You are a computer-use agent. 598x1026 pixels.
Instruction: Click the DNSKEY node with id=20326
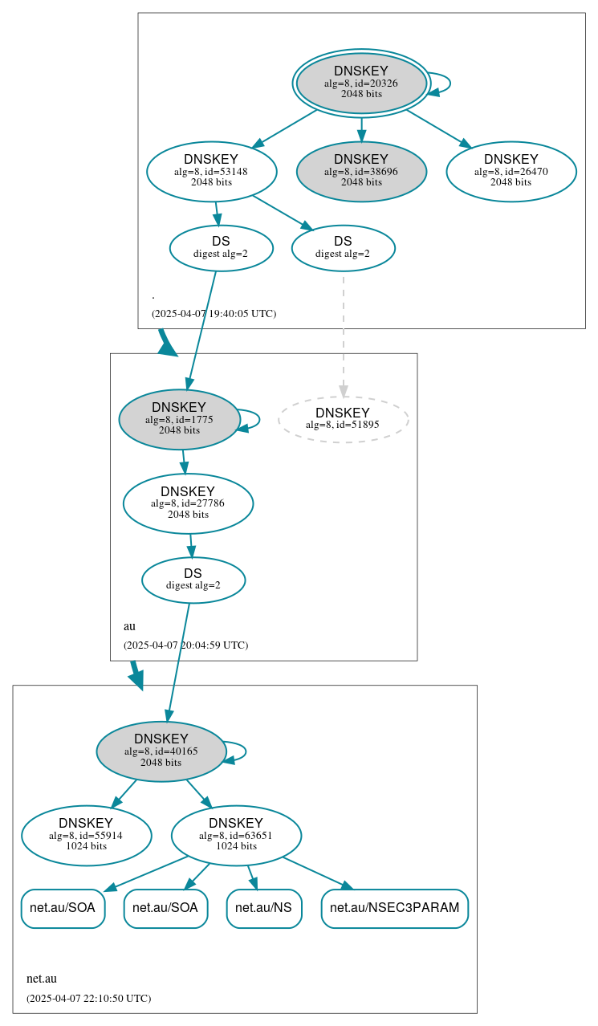[361, 83]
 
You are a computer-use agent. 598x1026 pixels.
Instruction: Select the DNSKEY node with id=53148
[212, 171]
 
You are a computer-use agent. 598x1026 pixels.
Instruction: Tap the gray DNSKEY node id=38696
[361, 171]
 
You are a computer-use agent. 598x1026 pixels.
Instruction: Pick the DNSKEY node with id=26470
[511, 171]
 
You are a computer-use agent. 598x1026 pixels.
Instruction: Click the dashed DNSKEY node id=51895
[343, 419]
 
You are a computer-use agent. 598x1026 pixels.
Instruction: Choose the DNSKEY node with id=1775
[179, 419]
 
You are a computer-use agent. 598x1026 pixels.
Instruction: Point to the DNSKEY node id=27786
[188, 503]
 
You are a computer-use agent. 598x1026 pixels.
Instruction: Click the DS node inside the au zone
[193, 580]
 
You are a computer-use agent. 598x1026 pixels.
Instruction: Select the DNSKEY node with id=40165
[161, 751]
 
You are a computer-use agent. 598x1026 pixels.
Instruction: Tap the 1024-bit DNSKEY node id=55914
[86, 836]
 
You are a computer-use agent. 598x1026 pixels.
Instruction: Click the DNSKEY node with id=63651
[236, 836]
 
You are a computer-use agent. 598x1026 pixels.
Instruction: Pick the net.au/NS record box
[264, 908]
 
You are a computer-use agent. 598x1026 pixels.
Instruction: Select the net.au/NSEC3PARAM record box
[394, 908]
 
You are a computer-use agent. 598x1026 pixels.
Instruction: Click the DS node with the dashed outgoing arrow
[343, 248]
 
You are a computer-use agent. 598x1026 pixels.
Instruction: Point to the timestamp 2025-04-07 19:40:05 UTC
[214, 313]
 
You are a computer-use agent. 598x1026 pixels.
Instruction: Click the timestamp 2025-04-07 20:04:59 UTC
[185, 645]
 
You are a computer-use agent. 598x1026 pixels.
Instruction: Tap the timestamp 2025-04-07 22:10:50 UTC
[88, 998]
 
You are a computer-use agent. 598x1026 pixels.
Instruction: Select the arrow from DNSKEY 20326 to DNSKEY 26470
[438, 128]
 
